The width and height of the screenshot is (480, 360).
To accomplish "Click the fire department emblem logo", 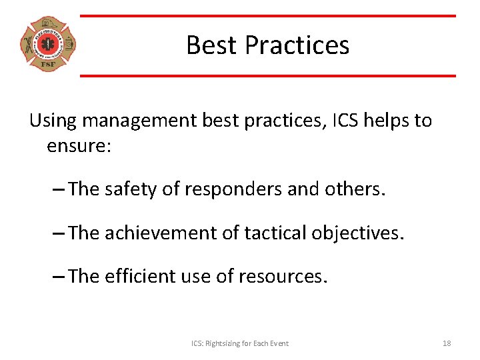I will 47,45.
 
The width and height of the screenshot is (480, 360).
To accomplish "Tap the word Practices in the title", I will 297,45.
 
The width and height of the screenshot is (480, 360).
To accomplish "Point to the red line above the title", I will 268,16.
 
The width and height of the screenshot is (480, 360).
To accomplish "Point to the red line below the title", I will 268,75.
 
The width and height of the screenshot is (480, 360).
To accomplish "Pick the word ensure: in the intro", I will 79,145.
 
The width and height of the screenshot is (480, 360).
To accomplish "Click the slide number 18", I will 447,343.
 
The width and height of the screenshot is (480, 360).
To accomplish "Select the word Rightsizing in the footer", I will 225,343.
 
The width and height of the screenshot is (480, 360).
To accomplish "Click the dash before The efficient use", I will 58,276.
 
